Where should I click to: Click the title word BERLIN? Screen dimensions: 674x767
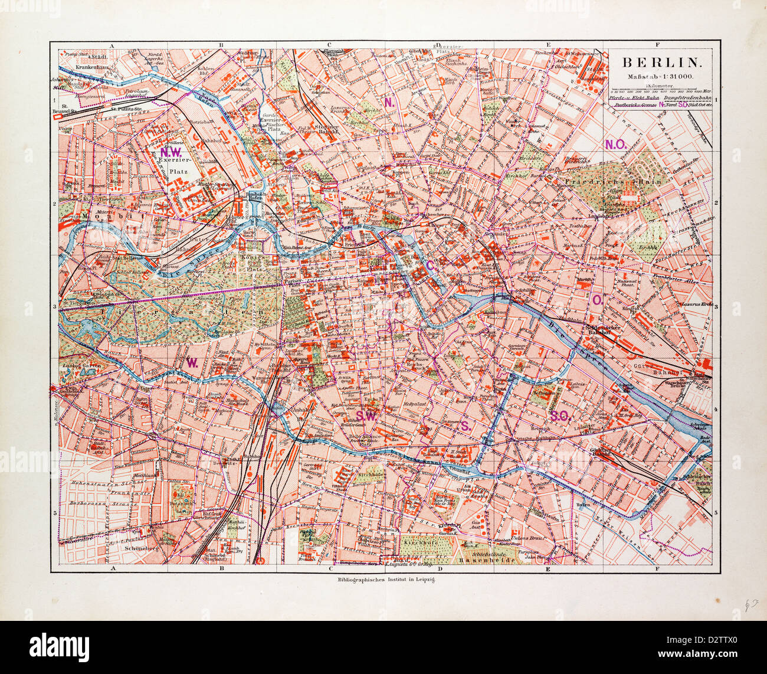[663, 62]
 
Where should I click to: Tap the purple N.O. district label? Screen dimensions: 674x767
[615, 144]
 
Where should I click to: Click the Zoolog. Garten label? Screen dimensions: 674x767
[81, 367]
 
